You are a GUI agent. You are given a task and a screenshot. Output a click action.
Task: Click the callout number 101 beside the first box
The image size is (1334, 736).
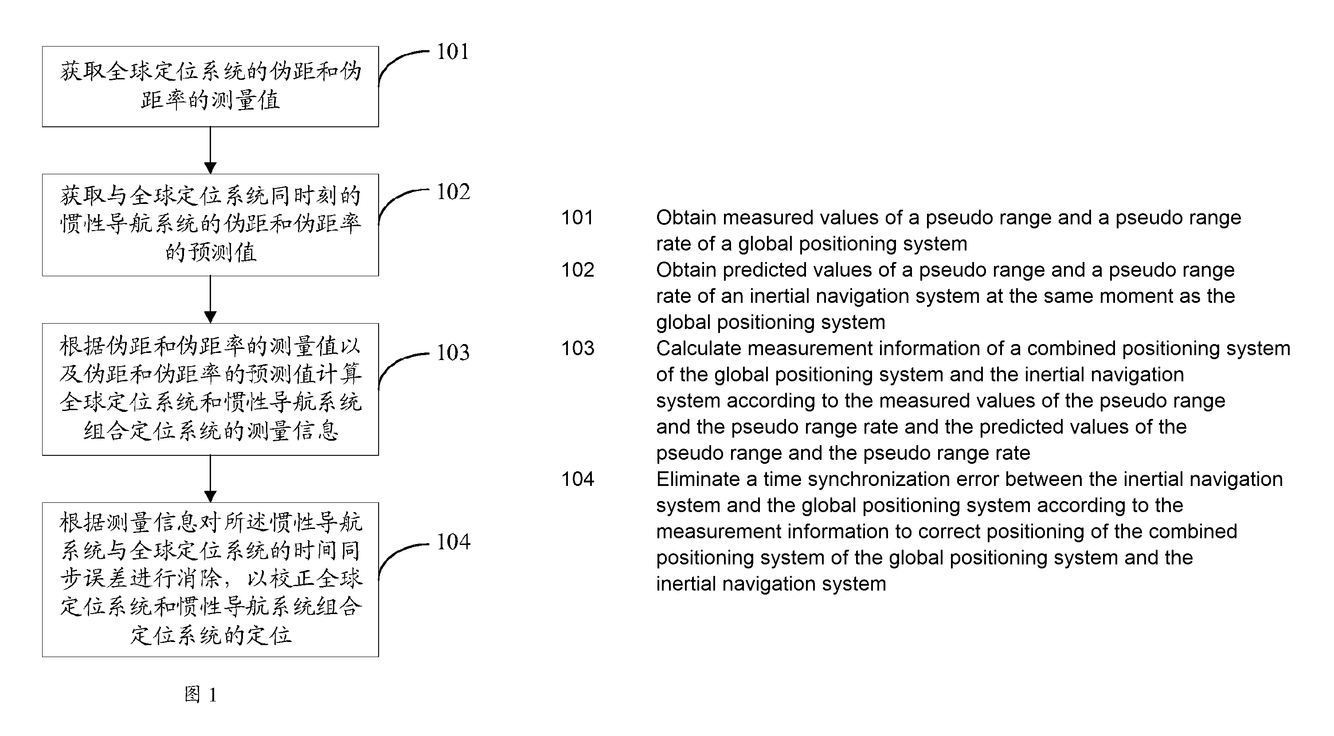click(453, 52)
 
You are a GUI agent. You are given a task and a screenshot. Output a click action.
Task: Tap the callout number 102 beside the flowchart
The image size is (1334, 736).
click(453, 192)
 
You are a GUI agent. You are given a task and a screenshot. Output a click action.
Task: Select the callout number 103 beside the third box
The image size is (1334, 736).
click(453, 353)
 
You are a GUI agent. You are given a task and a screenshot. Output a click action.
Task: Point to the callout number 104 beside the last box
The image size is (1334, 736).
click(453, 542)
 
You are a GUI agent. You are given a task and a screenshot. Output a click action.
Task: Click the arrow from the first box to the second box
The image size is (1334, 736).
click(210, 150)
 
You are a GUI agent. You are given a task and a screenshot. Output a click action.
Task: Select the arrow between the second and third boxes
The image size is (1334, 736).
click(210, 299)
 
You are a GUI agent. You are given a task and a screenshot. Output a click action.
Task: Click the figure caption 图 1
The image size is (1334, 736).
click(200, 695)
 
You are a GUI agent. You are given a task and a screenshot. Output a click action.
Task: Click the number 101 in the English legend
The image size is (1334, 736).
click(577, 218)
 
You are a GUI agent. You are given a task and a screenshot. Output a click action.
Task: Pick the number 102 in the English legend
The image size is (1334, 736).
click(577, 270)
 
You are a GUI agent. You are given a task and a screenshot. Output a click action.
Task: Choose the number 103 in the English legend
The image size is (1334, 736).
click(577, 348)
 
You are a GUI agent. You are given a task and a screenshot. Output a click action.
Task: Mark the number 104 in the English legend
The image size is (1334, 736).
click(577, 479)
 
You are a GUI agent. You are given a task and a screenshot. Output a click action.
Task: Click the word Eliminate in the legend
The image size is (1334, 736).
click(698, 479)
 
